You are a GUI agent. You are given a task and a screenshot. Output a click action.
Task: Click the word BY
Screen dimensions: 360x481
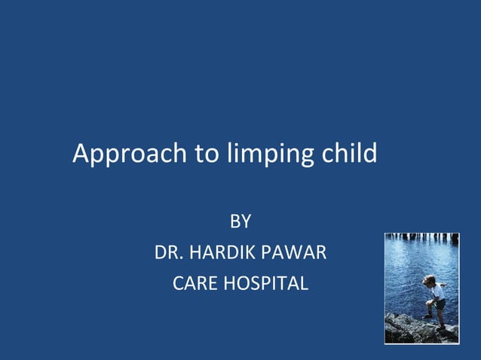click(240, 222)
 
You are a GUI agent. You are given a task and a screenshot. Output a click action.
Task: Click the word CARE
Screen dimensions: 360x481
click(195, 284)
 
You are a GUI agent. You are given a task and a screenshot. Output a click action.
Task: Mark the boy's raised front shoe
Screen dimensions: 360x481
click(427, 316)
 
